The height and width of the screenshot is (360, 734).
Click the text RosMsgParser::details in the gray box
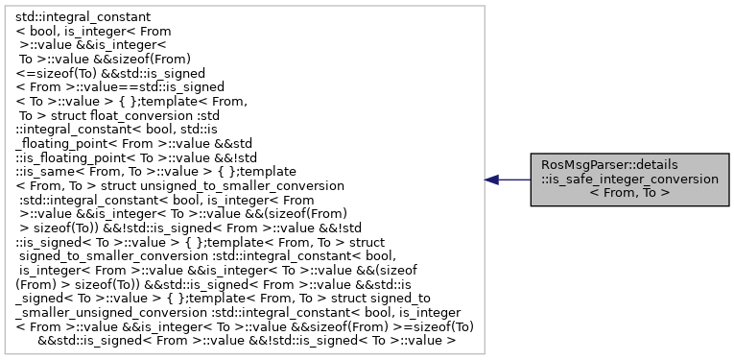point(629,165)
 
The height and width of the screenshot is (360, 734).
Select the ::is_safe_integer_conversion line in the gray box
point(629,179)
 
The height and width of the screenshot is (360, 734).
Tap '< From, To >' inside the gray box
point(629,192)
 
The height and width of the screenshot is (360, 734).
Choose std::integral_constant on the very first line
point(84,17)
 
